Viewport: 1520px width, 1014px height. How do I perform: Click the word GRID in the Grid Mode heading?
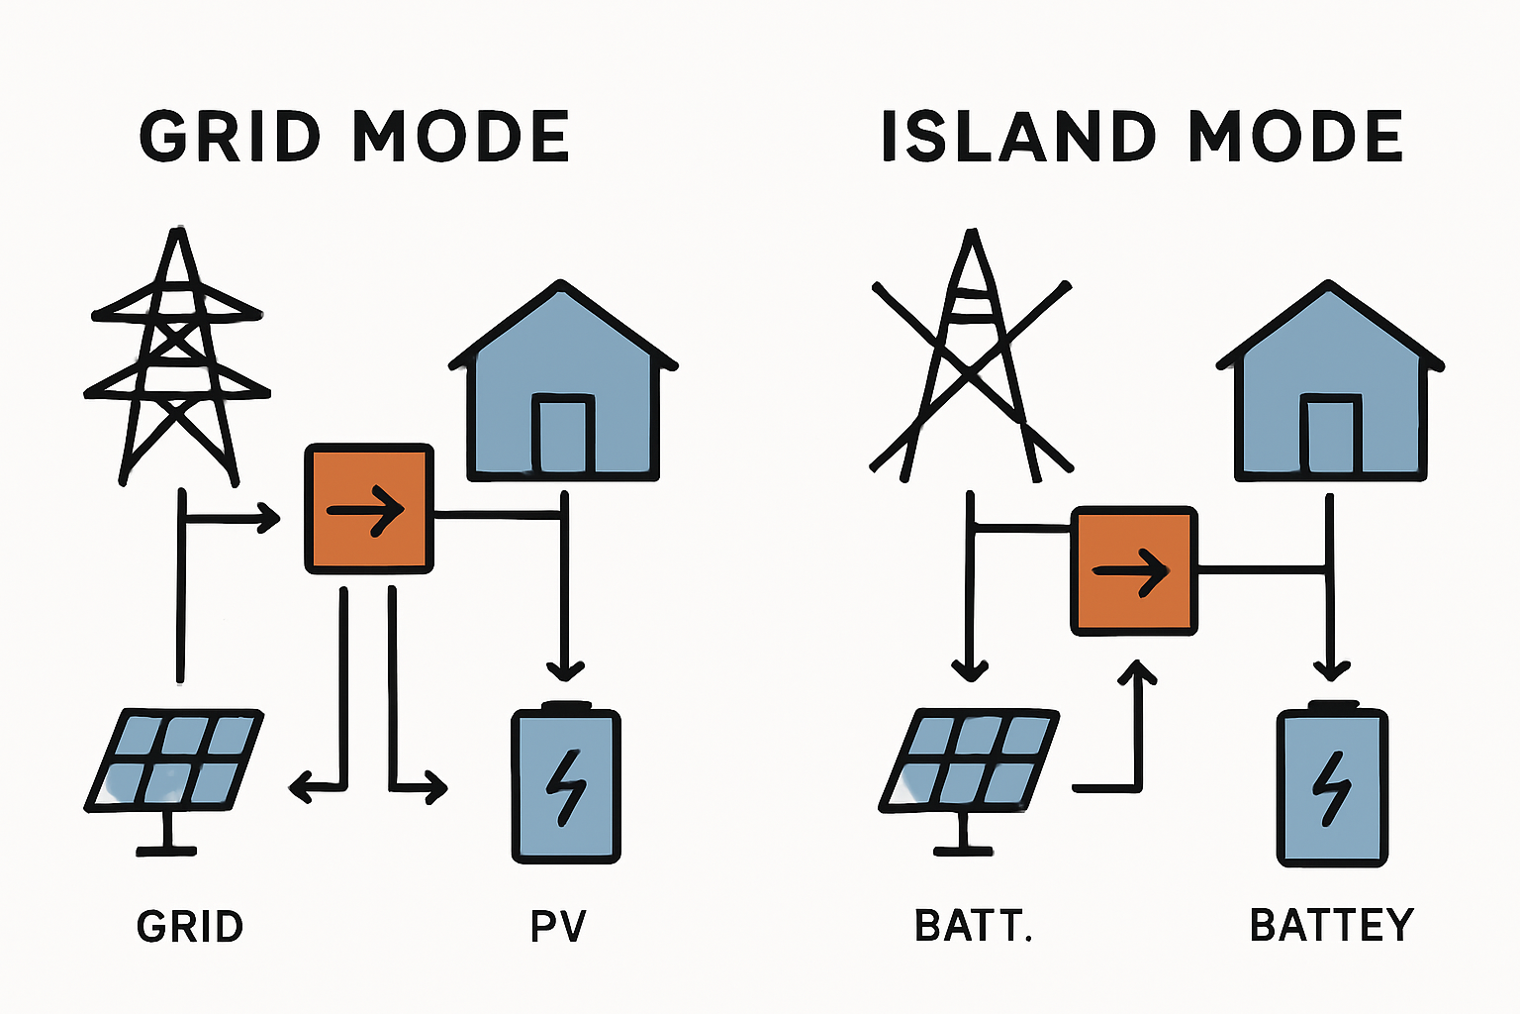(x=231, y=137)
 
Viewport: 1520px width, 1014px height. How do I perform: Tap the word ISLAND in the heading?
(x=1018, y=137)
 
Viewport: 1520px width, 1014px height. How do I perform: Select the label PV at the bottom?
(x=559, y=926)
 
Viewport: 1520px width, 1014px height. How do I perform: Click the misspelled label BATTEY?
(x=1332, y=925)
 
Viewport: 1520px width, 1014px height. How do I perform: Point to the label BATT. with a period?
(x=974, y=926)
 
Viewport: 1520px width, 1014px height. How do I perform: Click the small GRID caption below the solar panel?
(x=190, y=927)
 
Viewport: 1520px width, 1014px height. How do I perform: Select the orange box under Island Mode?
(x=1134, y=570)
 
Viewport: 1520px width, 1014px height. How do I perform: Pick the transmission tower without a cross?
(x=178, y=361)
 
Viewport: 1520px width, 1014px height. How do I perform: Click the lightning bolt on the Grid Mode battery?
(x=567, y=786)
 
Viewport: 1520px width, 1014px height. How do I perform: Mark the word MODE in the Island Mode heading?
(x=1295, y=137)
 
